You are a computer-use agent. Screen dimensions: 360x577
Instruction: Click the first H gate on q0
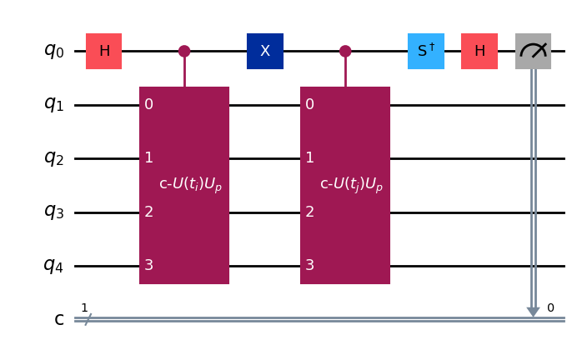pyautogui.click(x=104, y=51)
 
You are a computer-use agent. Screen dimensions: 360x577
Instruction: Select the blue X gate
pyautogui.click(x=265, y=51)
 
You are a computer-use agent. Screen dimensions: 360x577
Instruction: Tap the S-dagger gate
pyautogui.click(x=426, y=51)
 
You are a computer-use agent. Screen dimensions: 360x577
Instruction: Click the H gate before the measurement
pyautogui.click(x=479, y=51)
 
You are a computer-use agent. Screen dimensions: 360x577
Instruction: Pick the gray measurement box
pyautogui.click(x=533, y=51)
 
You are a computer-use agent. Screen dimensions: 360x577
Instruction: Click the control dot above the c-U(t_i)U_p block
pyautogui.click(x=184, y=51)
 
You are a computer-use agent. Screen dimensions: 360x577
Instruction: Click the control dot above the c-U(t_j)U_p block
pyautogui.click(x=345, y=51)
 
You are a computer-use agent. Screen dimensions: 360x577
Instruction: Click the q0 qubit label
pyautogui.click(x=54, y=51)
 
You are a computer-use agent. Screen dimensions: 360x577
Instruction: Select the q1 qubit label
pyautogui.click(x=54, y=104)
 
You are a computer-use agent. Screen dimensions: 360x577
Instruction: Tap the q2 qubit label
pyautogui.click(x=54, y=158)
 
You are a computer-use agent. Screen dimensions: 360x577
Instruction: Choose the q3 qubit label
pyautogui.click(x=54, y=212)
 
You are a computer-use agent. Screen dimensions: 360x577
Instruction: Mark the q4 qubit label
pyautogui.click(x=54, y=266)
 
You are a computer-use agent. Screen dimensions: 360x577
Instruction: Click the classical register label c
pyautogui.click(x=59, y=319)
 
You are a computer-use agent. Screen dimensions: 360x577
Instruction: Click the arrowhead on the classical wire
pyautogui.click(x=533, y=312)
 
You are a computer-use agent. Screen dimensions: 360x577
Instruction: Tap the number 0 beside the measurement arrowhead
pyautogui.click(x=550, y=307)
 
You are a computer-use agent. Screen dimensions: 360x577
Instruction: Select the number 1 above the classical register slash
pyautogui.click(x=84, y=307)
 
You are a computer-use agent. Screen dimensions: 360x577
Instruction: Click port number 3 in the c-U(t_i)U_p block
pyautogui.click(x=148, y=266)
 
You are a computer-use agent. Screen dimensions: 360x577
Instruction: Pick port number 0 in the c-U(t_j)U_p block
pyautogui.click(x=309, y=104)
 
